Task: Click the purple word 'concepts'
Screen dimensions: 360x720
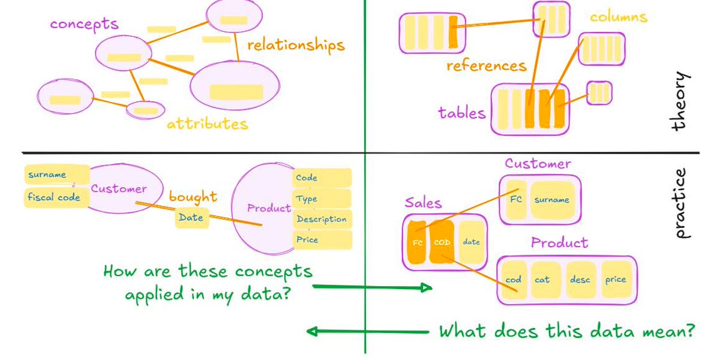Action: click(84, 24)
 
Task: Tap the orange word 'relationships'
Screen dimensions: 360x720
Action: click(296, 45)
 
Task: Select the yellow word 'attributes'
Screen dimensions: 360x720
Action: click(207, 124)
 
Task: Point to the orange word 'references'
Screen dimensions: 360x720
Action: click(486, 65)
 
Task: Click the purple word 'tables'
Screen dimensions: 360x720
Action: click(461, 112)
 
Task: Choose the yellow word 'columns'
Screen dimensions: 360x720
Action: click(618, 17)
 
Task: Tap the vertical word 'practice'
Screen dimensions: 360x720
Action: click(679, 203)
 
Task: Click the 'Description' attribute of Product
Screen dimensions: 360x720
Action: click(322, 219)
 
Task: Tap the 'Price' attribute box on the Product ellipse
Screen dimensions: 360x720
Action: click(322, 240)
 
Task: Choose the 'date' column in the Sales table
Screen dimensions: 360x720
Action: click(471, 242)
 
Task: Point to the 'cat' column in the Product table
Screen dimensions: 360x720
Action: click(542, 280)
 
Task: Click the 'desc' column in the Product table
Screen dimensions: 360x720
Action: click(580, 280)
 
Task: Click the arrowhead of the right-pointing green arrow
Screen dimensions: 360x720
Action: click(427, 288)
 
